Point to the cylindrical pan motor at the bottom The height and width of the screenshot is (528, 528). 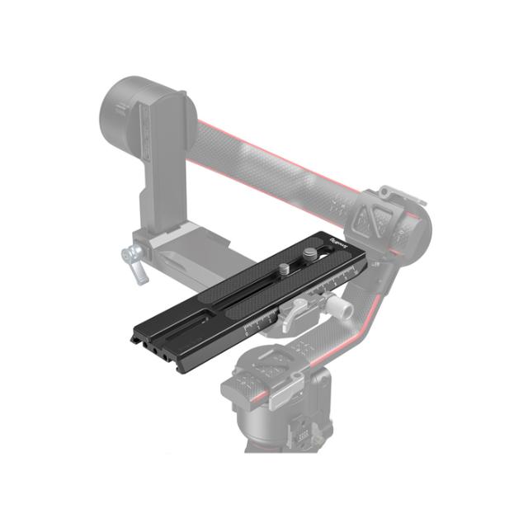pyautogui.click(x=280, y=412)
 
